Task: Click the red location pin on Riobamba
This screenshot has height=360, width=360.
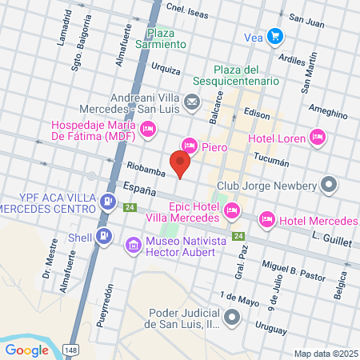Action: [180, 164]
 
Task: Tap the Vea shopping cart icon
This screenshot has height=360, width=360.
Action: [275, 36]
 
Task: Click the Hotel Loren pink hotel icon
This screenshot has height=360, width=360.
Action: [318, 137]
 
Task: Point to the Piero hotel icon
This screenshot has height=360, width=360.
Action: [190, 146]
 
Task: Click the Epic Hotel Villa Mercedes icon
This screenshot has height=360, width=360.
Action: [232, 210]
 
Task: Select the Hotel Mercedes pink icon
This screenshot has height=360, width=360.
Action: [266, 218]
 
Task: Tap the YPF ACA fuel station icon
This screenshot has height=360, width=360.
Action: [106, 200]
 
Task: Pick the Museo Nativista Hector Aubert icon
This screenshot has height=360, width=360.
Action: [132, 242]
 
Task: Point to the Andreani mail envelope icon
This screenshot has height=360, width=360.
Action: [192, 102]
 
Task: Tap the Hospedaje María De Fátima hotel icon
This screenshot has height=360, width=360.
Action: [147, 128]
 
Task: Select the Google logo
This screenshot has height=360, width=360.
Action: [27, 350]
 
